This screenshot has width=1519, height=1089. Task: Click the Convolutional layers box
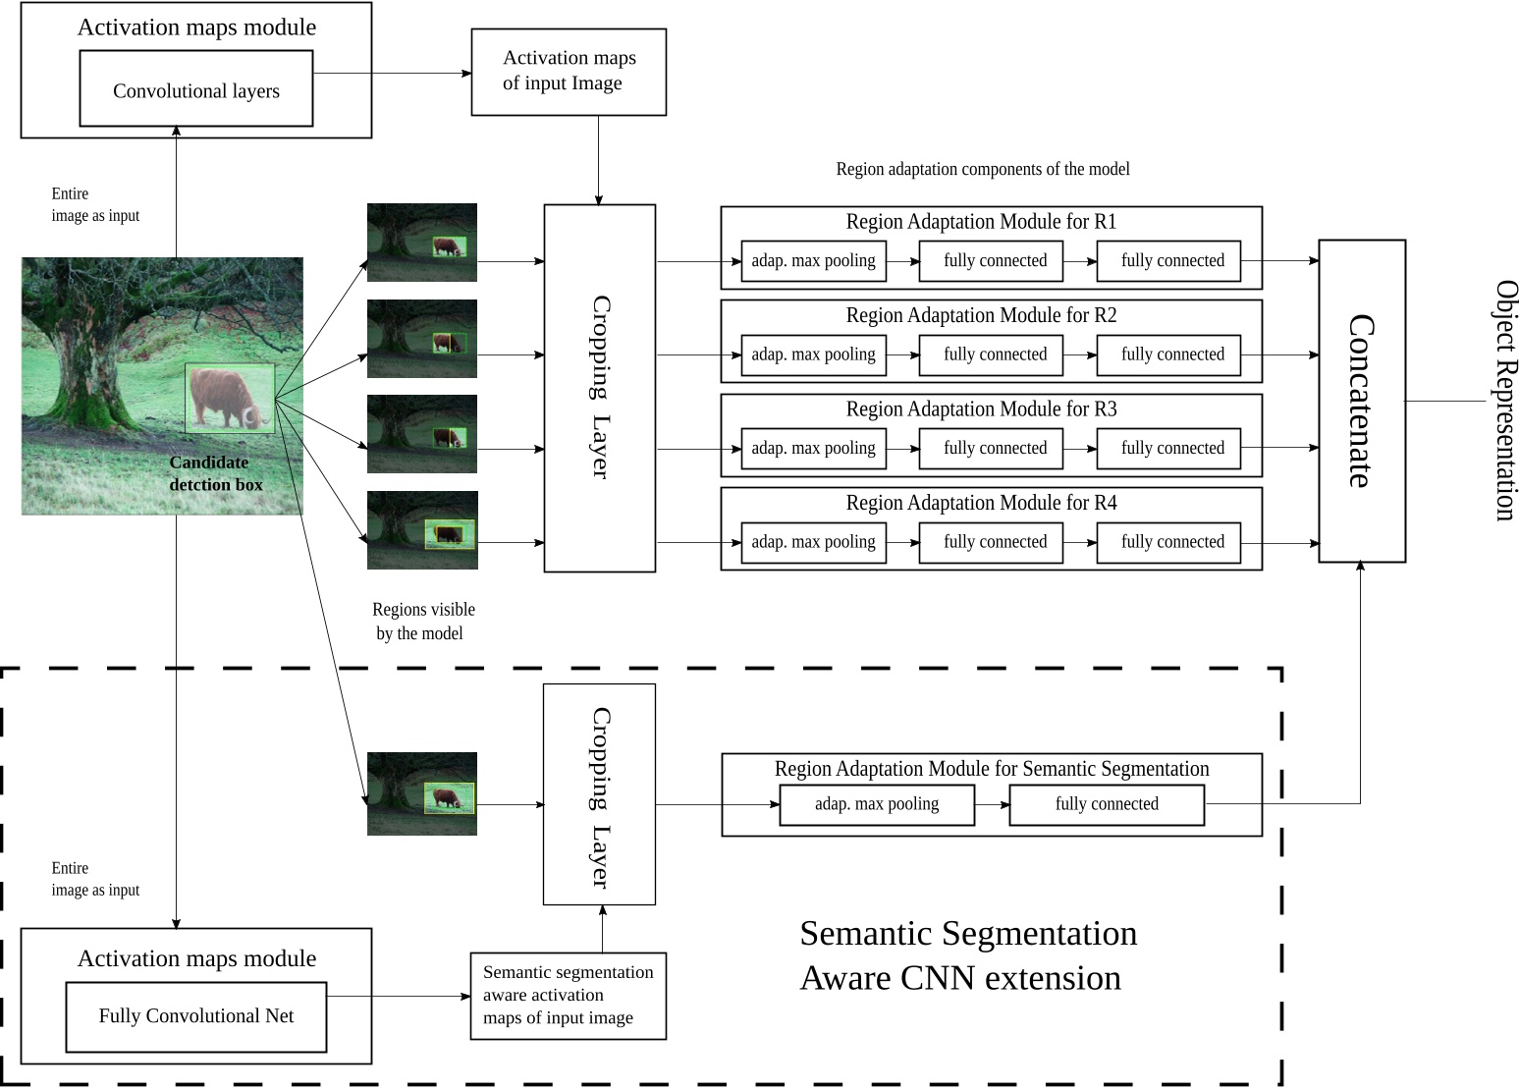coord(196,89)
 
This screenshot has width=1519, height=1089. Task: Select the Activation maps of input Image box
coord(569,72)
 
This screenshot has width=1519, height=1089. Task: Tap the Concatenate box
coord(1361,401)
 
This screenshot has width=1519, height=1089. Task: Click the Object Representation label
coord(1505,401)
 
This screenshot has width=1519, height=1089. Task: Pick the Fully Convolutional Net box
coord(196,1016)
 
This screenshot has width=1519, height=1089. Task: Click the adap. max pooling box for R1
coord(813,261)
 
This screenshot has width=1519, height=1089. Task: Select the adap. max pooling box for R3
coord(813,449)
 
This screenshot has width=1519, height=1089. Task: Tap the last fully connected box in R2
coord(1172,354)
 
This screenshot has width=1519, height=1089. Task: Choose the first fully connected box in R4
coord(995,542)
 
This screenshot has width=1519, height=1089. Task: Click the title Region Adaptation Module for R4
coord(981,503)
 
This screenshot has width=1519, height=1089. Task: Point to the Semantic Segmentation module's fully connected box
coord(1107,804)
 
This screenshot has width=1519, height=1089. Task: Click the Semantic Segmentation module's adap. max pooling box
coord(877,804)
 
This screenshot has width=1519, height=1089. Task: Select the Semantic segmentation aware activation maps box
coord(569,996)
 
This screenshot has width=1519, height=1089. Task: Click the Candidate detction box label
coord(215,473)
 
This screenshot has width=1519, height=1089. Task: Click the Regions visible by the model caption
coord(423,622)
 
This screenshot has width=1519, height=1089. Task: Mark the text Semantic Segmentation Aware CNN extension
coord(968,955)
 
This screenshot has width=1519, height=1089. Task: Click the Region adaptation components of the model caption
coord(982,169)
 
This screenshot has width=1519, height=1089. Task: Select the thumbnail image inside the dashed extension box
coord(422,793)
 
